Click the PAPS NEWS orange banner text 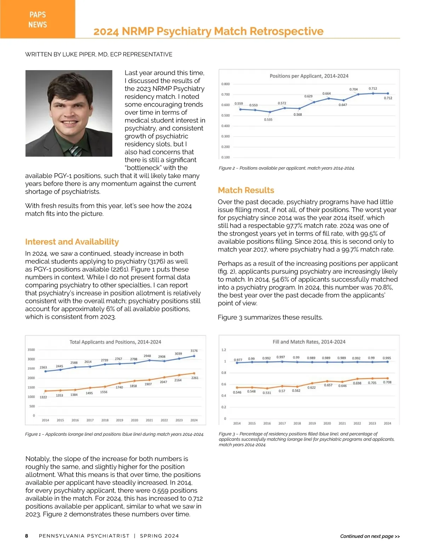(38, 19)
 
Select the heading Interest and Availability (72, 242)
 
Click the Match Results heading (246, 190)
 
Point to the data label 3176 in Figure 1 (194, 351)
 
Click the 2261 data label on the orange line (195, 378)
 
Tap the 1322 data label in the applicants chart (43, 397)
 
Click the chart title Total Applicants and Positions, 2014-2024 (115, 342)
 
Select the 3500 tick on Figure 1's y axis (31, 350)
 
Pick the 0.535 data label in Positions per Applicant (268, 120)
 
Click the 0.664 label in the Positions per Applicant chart (327, 93)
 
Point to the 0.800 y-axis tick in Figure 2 (226, 84)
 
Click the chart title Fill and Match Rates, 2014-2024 (309, 342)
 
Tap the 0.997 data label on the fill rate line (280, 357)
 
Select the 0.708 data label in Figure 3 (387, 382)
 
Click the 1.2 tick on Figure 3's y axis (224, 350)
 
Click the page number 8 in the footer (27, 536)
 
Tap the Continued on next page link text (370, 536)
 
